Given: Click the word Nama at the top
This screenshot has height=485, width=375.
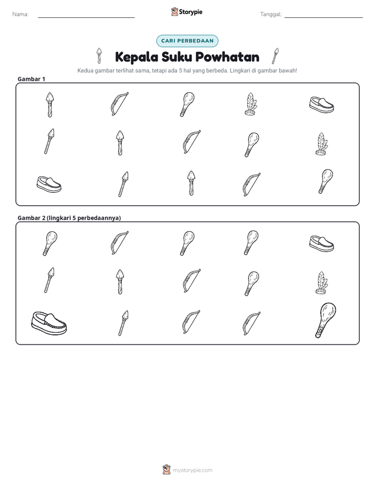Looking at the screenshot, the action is coord(20,14).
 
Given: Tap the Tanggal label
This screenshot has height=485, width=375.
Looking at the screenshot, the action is coord(270,14).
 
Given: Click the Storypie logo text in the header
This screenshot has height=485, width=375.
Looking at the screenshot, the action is coord(191,12).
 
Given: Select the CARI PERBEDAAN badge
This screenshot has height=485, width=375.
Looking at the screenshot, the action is coord(187,41).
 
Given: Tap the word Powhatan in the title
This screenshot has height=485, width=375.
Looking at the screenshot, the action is coord(227,57).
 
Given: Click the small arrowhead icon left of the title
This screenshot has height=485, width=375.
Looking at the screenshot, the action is coord(99,55).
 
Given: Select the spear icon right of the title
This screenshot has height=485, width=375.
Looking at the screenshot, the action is coord(275,56).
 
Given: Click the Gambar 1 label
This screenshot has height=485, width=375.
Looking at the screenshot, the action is coord(32,79).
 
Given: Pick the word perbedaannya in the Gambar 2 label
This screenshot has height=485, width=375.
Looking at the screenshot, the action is coord(99,218).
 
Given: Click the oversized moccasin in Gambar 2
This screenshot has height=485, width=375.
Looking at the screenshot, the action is coord(49,323).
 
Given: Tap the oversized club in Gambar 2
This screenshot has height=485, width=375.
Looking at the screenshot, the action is coord(325,320).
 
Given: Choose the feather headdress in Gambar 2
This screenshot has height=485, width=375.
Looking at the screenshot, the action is coord(321,283).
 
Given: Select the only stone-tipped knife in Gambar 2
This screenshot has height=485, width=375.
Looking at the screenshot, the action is coord(120,281).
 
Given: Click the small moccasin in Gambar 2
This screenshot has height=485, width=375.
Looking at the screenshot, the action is coord(321,244).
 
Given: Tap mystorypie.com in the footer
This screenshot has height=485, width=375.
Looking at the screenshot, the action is coord(192,470).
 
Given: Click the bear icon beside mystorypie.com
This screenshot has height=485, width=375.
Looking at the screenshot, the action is coord(166,470).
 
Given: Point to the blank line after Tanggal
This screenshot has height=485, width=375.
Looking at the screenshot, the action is coord(324,17).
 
